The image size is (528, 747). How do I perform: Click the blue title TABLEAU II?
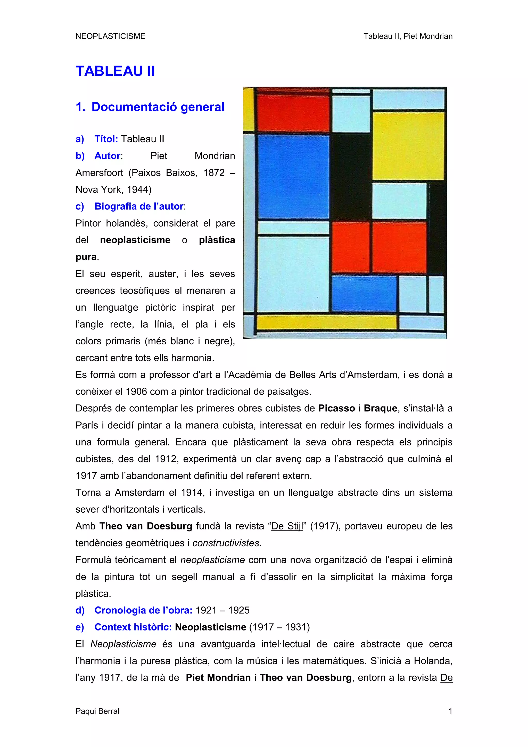(115, 71)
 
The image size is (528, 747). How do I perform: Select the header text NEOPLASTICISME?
(110, 36)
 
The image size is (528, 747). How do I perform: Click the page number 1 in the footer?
(450, 711)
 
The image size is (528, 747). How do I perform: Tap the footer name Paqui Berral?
(97, 711)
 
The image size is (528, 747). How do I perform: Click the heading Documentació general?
(158, 107)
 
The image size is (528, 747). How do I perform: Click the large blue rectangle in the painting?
(293, 177)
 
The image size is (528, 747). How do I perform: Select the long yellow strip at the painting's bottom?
(326, 322)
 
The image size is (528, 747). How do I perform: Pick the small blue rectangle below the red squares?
(364, 294)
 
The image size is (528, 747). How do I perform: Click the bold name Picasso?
(336, 408)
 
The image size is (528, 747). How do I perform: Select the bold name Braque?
(380, 408)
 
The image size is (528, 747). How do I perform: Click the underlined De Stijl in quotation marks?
(287, 526)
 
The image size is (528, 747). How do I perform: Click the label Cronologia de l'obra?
(143, 610)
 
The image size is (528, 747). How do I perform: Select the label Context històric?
(133, 627)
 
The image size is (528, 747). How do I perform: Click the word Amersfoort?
(99, 172)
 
